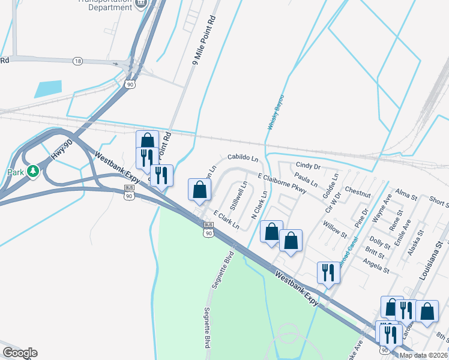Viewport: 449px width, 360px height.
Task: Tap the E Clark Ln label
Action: [226, 220]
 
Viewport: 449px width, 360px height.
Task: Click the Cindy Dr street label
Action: [308, 166]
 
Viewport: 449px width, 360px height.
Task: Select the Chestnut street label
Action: [358, 194]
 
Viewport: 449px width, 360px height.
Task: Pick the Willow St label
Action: [334, 229]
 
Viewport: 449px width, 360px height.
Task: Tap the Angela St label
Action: [376, 262]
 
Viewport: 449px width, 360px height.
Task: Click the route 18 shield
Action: [77, 61]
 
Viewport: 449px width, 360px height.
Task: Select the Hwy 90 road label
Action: [61, 149]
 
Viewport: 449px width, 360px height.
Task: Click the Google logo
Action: [20, 353]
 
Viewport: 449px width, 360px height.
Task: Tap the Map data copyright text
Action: [423, 355]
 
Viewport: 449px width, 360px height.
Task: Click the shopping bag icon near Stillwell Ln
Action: [200, 190]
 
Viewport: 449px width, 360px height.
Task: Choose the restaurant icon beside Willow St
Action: [329, 272]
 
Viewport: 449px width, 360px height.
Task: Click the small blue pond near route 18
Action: [48, 89]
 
